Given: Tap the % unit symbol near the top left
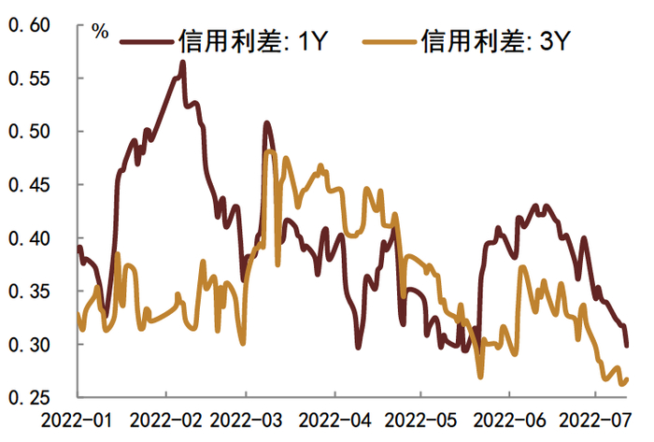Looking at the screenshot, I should click(x=100, y=31).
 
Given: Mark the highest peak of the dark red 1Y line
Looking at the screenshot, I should click(x=182, y=63).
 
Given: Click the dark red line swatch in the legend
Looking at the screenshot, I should click(x=146, y=40).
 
